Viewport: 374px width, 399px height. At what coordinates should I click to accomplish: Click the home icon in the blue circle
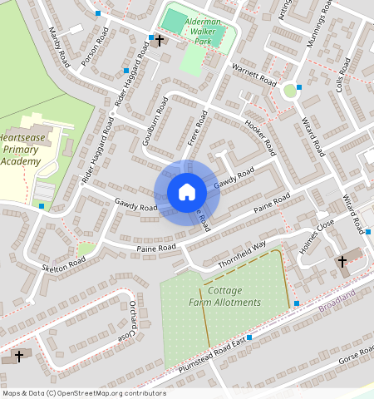(187, 192)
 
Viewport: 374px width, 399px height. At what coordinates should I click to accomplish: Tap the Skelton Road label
(65, 261)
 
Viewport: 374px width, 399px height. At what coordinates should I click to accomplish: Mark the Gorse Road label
(355, 361)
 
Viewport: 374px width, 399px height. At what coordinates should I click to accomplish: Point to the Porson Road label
(93, 49)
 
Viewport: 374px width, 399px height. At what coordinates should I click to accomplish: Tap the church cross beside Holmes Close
(342, 262)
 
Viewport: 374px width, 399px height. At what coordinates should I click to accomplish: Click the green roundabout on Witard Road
(290, 90)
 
